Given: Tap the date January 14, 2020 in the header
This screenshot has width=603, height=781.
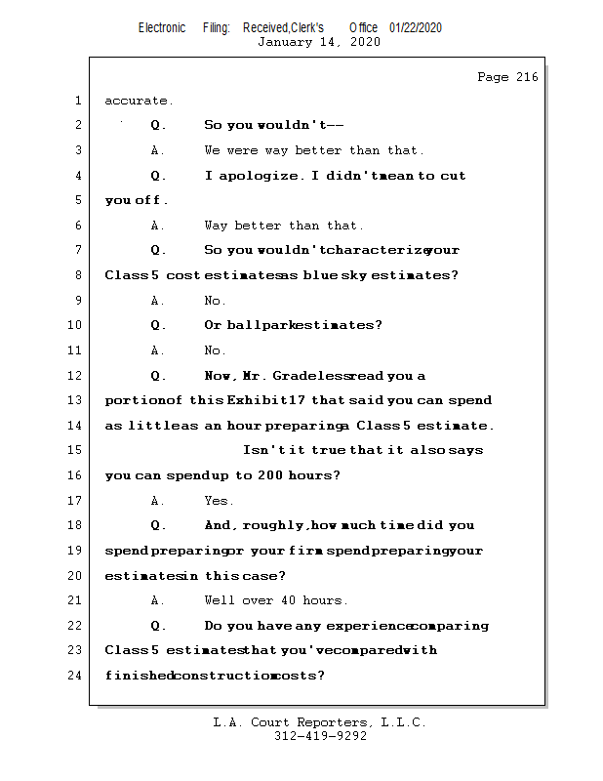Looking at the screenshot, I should pos(319,42).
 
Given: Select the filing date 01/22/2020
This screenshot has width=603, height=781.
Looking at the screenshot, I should pos(415,27).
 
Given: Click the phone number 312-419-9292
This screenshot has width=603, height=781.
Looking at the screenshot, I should pos(320,736).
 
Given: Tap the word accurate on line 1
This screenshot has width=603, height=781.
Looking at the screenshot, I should pos(139,101).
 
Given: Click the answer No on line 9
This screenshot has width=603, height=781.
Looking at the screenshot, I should pos(215,301).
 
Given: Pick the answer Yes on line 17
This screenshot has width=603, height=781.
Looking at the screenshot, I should pos(218,501).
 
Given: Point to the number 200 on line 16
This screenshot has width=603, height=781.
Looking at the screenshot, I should pos(271,475).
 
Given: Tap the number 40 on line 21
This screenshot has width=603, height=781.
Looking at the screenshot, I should pos(286,600).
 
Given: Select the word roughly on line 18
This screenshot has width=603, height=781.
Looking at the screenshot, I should pos(291,525).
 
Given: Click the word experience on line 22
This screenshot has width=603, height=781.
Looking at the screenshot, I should pos(367,626).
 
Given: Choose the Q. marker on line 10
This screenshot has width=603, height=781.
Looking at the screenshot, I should pos(159,325).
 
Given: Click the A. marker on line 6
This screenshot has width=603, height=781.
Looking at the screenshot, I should pos(158,226).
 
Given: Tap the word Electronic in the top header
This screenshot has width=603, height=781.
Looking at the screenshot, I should pos(162,27).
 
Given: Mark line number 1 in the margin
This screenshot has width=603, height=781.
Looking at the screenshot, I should pos(78,101).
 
